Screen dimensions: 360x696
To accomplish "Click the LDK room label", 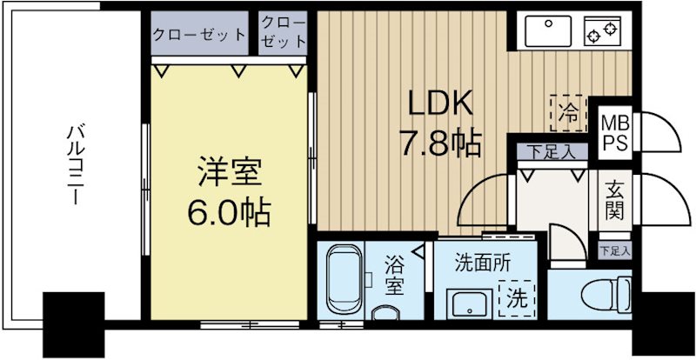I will coord(441,105).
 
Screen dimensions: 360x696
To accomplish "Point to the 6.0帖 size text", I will coord(225,211).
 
